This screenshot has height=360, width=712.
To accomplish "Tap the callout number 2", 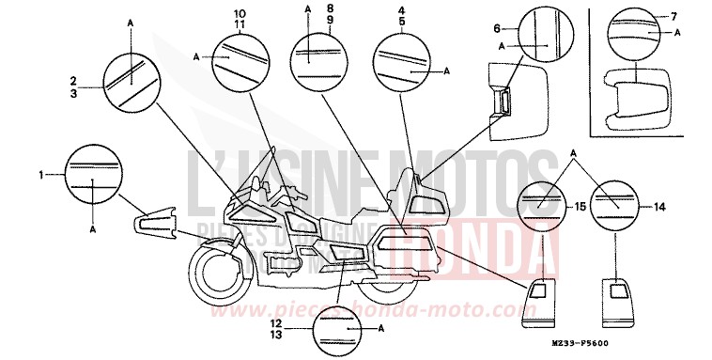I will point(72,81).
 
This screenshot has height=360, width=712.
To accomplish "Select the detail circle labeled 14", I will point(615,202).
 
